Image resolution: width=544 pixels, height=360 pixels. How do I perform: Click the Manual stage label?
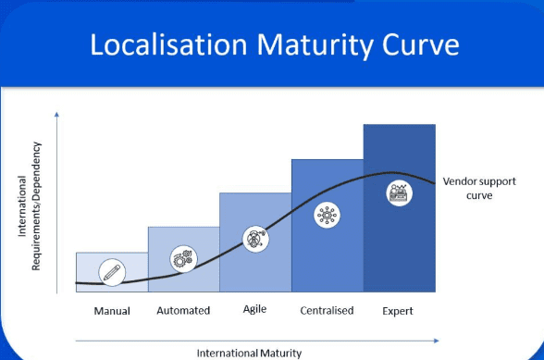point(112,311)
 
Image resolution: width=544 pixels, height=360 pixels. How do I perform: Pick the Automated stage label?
point(183,311)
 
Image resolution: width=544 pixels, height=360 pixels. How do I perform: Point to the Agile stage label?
point(254,309)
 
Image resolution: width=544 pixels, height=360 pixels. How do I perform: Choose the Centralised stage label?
point(327,311)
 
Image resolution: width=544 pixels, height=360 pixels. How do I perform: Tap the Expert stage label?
point(398,311)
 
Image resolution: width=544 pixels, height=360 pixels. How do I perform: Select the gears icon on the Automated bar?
point(182,259)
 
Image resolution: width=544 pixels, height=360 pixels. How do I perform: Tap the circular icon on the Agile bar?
point(254,238)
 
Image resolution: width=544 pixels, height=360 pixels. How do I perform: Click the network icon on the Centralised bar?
point(327,215)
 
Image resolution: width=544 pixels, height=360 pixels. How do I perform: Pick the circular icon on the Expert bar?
point(399,193)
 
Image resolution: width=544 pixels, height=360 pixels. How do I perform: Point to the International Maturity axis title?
point(248,352)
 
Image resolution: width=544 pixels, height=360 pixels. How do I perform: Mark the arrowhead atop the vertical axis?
point(57,113)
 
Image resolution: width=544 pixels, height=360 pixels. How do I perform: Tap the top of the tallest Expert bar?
point(399,125)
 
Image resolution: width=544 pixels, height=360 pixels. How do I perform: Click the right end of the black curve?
point(435,181)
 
